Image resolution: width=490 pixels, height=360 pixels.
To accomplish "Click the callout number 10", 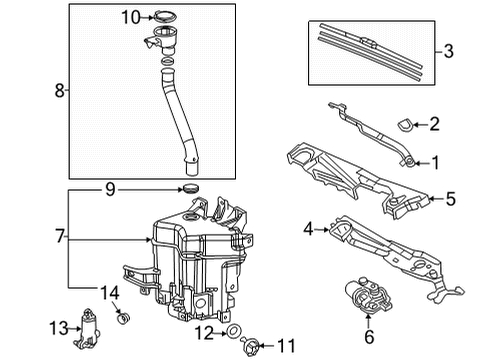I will point(131,16).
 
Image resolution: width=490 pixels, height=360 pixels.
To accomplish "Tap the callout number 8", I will point(59,91).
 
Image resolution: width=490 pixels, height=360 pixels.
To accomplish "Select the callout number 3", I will point(448,49).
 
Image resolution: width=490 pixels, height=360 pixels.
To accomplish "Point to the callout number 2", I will point(434,124).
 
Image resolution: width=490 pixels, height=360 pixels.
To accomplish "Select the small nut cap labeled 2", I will point(404,125).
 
